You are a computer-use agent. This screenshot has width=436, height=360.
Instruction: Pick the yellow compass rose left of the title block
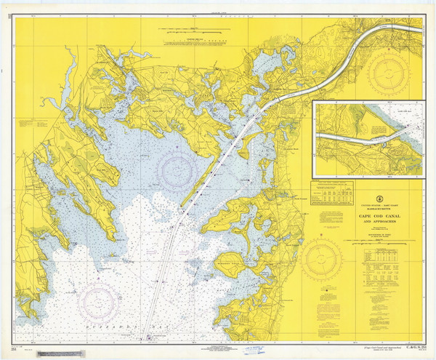pyautogui.click(x=324, y=258)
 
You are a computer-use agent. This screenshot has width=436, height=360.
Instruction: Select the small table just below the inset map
pyautogui.click(x=332, y=194)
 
